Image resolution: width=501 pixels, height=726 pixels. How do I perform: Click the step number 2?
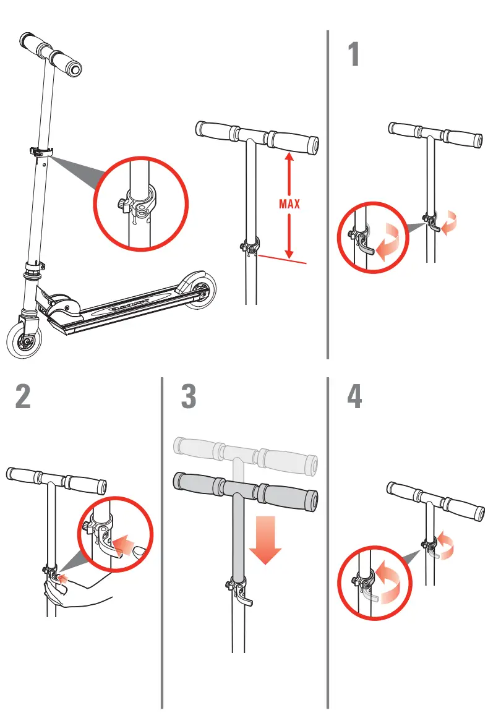tap(23, 397)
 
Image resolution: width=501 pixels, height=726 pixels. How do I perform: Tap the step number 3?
tap(189, 397)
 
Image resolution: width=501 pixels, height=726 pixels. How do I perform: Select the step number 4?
tap(354, 397)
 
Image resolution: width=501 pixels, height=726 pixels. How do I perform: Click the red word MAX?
tap(289, 204)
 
